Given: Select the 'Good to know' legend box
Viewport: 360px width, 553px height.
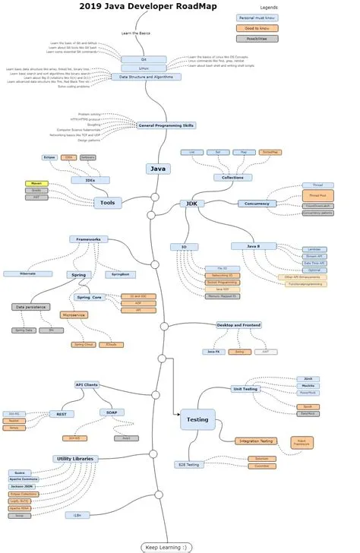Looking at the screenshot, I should click(257, 27).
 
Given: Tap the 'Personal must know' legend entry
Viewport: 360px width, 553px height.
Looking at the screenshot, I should click(257, 17).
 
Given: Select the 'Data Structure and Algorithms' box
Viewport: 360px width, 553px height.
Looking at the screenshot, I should click(146, 77).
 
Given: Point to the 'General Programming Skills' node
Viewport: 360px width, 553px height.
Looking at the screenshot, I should click(166, 125).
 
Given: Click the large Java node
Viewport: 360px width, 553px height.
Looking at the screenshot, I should click(158, 169).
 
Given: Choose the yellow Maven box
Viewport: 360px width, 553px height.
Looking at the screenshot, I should click(36, 183).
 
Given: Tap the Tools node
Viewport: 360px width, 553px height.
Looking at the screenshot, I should click(107, 203).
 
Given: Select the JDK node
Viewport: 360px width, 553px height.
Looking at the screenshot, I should click(190, 204).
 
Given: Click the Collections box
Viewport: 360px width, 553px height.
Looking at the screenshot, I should click(232, 177).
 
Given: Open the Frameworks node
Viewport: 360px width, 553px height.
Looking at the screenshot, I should click(89, 239).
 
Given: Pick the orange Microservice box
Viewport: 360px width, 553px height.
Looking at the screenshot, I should click(74, 314).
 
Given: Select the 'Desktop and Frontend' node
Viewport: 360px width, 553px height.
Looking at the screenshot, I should click(239, 325).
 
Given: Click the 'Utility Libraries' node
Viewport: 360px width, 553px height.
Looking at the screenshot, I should click(74, 459).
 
